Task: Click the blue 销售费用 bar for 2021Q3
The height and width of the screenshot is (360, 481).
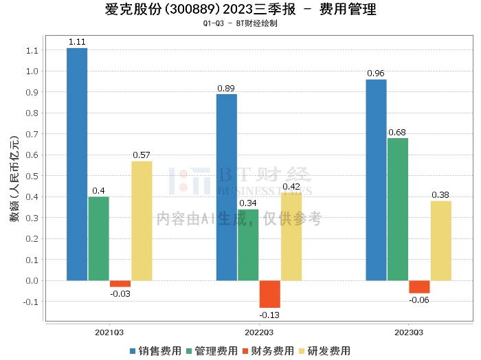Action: click(77, 164)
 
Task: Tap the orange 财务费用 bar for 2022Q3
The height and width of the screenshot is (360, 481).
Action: click(270, 294)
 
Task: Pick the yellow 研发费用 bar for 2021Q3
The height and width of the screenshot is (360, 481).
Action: click(142, 221)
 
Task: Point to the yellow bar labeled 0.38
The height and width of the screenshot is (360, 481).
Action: click(441, 240)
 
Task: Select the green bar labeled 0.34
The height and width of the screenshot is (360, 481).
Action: click(248, 245)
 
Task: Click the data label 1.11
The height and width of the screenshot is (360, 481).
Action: click(77, 42)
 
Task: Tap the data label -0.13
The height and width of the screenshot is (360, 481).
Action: click(270, 315)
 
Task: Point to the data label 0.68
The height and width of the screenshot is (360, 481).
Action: click(398, 132)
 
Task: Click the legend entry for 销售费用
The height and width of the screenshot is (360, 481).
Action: click(156, 350)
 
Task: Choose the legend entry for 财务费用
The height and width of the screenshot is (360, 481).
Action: click(268, 350)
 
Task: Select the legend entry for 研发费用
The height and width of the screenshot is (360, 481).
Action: click(324, 350)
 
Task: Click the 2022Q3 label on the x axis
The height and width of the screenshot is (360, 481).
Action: click(259, 333)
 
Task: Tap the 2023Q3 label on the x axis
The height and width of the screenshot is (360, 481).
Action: click(409, 333)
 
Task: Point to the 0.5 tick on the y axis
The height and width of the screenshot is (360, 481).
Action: click(32, 176)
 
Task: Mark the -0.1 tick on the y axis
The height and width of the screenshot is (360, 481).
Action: click(31, 302)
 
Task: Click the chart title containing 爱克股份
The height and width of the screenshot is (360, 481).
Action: click(240, 10)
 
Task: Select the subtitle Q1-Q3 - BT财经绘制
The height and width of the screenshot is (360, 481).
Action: click(240, 23)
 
